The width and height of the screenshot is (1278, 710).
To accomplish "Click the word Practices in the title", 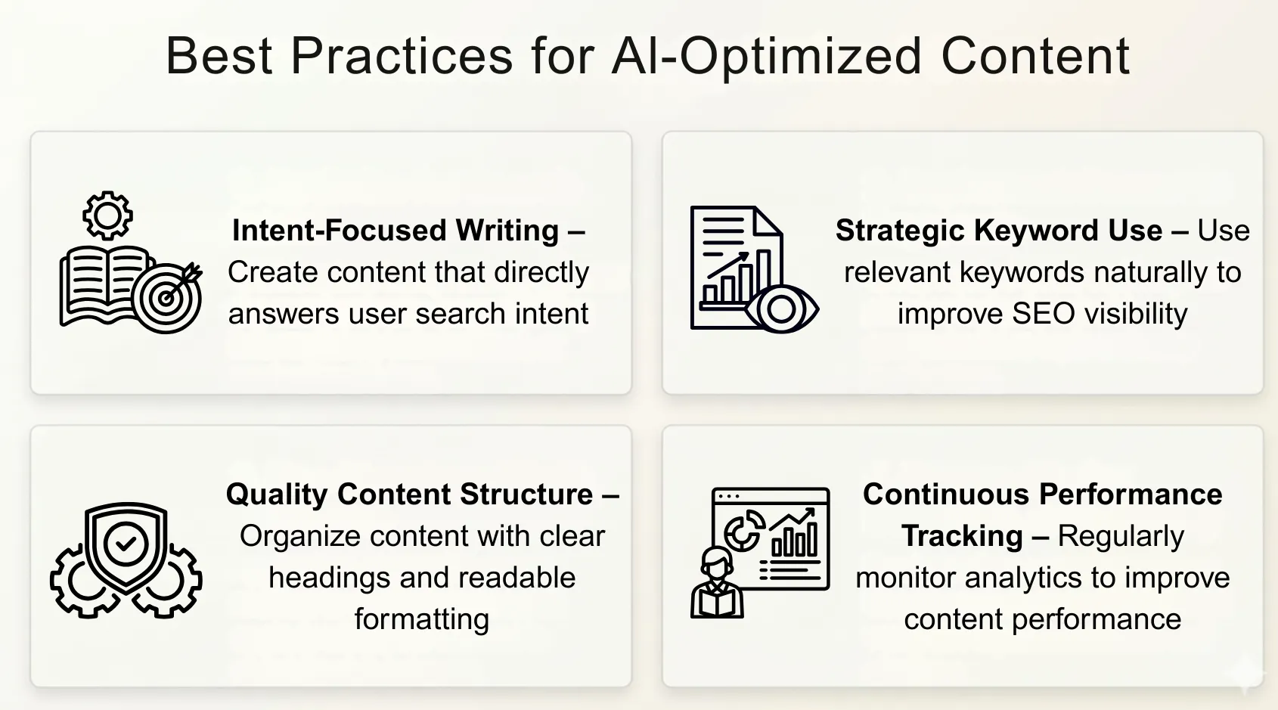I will coord(402,56).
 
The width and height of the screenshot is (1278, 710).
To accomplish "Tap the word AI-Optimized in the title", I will coord(767,56).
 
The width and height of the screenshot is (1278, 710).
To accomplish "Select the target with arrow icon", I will coord(169,296).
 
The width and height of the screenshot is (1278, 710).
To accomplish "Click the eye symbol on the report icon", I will coord(782,308).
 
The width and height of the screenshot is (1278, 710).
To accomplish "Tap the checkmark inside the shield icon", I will coord(126,543).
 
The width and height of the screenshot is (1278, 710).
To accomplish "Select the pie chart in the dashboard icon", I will coord(743,531).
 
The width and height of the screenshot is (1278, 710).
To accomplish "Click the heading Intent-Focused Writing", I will coord(395,231).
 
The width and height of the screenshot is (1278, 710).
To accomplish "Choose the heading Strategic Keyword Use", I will coord(998,231).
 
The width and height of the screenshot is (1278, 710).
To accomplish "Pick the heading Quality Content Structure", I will coord(409,495).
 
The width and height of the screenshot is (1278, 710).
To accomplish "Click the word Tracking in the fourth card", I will coord(962,536).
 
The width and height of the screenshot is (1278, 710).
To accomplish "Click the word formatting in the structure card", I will coord(422,619).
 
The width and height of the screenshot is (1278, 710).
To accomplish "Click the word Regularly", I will coord(1121,536).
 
